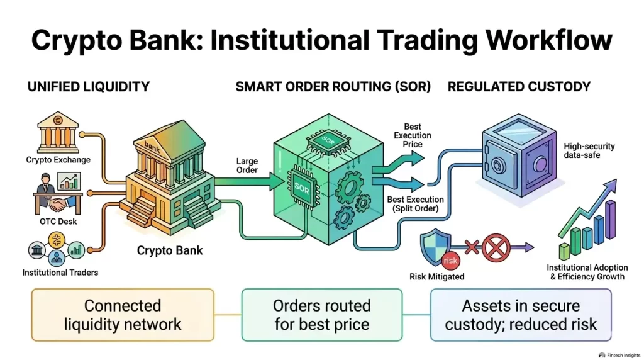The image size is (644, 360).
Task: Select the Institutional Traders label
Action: (x=60, y=273)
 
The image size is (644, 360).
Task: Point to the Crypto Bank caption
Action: (x=170, y=250)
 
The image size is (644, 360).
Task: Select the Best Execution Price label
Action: (x=413, y=135)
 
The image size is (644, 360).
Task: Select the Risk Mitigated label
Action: (x=437, y=276)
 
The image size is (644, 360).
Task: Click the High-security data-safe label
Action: (x=589, y=151)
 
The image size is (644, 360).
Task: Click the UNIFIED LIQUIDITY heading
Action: (x=89, y=86)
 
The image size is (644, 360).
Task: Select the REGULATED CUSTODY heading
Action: (x=519, y=86)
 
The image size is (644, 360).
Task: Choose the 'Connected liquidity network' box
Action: (x=123, y=315)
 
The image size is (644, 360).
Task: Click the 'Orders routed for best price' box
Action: (x=321, y=315)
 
